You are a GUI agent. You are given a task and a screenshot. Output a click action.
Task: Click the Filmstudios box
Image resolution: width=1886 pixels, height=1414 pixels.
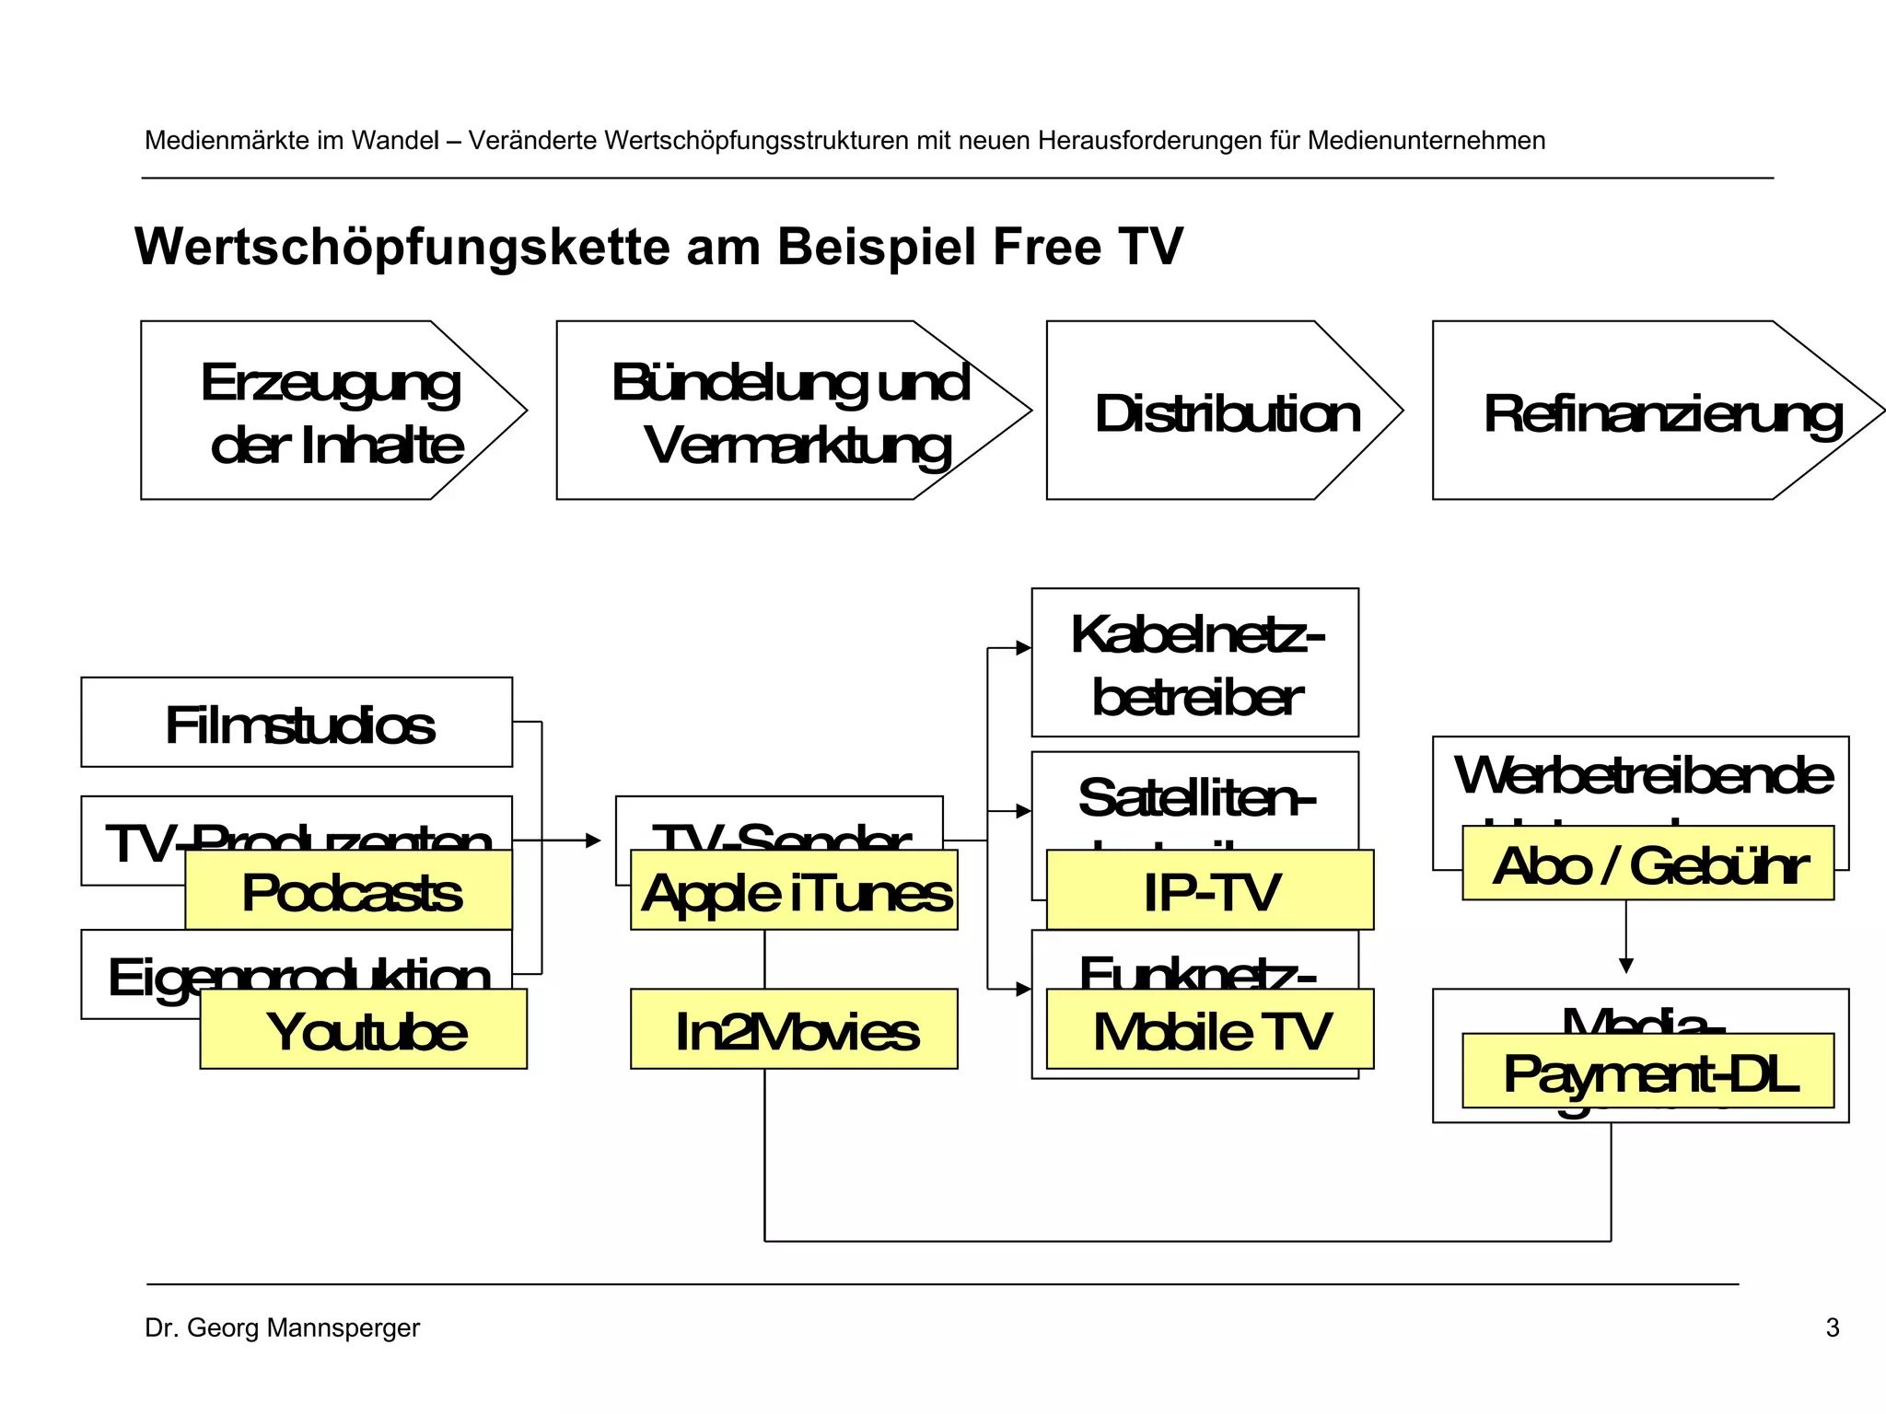tap(297, 723)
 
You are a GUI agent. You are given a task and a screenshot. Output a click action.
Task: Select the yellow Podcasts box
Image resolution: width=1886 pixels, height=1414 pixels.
tap(349, 890)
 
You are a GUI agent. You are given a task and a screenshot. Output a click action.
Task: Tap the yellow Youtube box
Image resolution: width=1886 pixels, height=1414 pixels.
tap(364, 1029)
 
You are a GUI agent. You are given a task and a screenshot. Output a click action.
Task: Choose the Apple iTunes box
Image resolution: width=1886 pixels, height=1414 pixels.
tap(794, 890)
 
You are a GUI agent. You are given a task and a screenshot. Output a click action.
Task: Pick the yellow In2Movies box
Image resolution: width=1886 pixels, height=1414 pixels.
tap(794, 1029)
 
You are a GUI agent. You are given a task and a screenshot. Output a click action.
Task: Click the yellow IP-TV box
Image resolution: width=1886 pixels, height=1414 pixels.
tap(1210, 890)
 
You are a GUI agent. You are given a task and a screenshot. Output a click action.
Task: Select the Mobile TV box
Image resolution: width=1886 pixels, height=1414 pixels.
tap(1210, 1029)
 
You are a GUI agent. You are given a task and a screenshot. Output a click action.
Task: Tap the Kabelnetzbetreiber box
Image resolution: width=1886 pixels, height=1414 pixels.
tap(1195, 663)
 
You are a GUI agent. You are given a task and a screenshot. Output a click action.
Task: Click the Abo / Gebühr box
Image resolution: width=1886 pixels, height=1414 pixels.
tap(1648, 863)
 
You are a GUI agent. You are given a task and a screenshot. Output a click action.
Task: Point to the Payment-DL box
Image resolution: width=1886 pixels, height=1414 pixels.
tap(1648, 1072)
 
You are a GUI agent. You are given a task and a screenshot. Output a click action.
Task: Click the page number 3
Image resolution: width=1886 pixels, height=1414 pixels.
tap(1833, 1327)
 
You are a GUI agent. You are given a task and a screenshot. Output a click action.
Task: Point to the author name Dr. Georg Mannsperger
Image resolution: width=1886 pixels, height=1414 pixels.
tap(282, 1327)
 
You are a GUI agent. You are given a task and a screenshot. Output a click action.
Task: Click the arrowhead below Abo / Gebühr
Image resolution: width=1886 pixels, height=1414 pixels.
tap(1626, 966)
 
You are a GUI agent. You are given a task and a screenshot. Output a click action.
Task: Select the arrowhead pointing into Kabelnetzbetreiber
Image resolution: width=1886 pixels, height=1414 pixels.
tap(1023, 648)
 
